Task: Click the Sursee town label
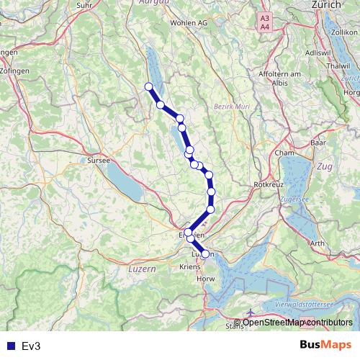click(98, 161)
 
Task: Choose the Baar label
click(318, 143)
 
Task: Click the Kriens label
click(188, 266)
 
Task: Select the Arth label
click(317, 243)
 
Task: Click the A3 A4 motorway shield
click(265, 22)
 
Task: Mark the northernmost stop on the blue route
click(149, 87)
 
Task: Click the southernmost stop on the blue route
click(205, 254)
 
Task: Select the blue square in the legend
click(10, 346)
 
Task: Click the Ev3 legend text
click(32, 346)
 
